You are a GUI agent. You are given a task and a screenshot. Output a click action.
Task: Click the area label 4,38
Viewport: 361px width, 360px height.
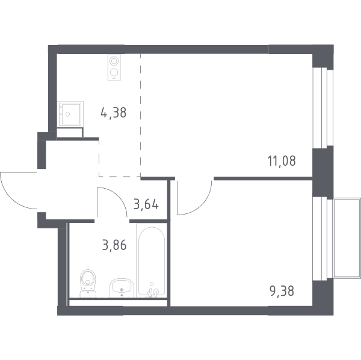[114, 113]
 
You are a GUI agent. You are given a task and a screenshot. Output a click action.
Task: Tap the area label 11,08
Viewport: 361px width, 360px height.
[282, 161]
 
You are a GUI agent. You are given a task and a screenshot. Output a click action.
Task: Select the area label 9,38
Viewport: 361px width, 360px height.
[282, 291]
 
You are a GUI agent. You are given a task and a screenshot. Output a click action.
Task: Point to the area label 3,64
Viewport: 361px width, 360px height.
[146, 204]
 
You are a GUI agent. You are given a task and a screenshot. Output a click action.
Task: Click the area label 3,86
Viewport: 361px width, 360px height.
[114, 245]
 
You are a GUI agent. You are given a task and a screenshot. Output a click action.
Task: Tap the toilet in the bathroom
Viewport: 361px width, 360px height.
[88, 284]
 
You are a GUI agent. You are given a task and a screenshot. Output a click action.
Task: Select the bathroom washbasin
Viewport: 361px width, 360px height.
[122, 288]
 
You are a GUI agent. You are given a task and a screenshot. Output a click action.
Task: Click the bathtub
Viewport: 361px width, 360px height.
[152, 260]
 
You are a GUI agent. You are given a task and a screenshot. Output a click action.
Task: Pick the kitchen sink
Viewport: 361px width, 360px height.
[70, 114]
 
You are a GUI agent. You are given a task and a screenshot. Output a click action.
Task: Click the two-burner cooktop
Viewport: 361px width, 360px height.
[114, 67]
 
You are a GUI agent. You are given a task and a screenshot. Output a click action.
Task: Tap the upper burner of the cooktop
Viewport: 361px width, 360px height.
[114, 61]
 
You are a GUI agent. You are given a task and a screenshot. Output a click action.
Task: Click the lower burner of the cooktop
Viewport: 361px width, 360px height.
[114, 73]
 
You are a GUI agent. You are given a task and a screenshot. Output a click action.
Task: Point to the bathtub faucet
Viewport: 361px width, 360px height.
[152, 291]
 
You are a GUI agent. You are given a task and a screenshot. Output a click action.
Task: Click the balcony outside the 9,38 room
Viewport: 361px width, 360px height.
[347, 238]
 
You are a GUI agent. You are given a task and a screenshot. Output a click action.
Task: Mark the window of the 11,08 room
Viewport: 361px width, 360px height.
[322, 107]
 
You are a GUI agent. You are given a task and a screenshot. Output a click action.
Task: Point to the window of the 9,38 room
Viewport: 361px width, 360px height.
[322, 239]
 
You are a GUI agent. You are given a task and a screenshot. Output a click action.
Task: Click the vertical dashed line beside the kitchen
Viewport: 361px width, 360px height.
[140, 115]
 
